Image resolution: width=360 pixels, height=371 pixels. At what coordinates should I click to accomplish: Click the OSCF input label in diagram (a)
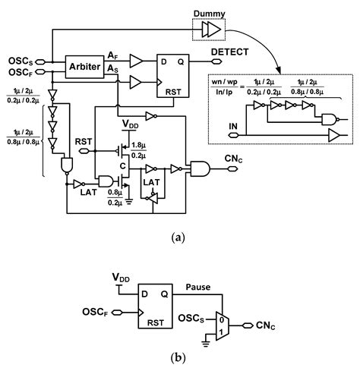(18, 74)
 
